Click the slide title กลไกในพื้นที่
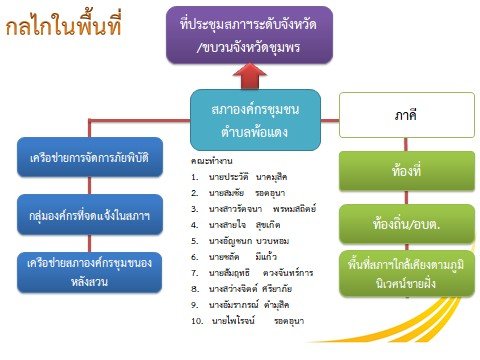coord(69,27)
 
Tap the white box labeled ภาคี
coord(401,116)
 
